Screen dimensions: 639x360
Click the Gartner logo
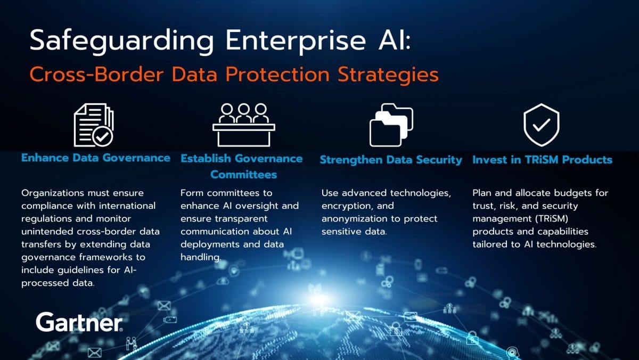[79, 322]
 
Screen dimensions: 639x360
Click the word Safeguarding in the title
[122, 41]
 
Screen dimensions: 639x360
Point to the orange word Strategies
[388, 75]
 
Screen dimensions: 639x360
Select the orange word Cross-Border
[96, 75]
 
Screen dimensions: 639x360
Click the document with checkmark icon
[94, 125]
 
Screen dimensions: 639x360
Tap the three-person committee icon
[244, 125]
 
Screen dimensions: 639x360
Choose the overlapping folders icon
[391, 125]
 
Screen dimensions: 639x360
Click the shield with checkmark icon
[542, 125]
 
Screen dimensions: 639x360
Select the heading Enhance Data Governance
[96, 158]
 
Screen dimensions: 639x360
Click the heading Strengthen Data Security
[391, 160]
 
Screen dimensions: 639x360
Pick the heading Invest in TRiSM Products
[542, 159]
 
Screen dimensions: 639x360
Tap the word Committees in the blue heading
[244, 174]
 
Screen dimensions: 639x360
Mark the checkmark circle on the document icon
[102, 137]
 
